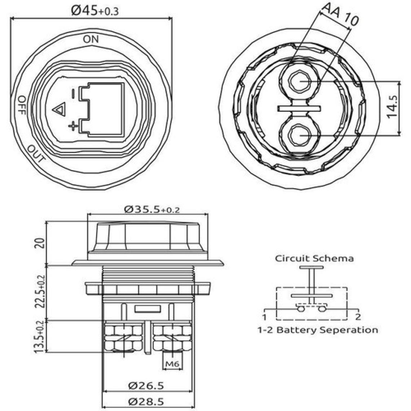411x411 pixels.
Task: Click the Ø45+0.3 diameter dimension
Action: pos(94,11)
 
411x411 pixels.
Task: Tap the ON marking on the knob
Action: pos(90,39)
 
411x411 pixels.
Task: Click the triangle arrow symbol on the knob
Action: pos(58,109)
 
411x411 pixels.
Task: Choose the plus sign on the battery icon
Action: pos(73,126)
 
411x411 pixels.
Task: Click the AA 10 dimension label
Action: pos(339,14)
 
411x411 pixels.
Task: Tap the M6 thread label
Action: pos(172,365)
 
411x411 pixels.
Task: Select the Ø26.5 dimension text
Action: pos(146,385)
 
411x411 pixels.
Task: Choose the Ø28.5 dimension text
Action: pos(146,401)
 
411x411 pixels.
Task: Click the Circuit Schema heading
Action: pos(314,258)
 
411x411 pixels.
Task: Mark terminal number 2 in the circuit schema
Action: pos(358,317)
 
